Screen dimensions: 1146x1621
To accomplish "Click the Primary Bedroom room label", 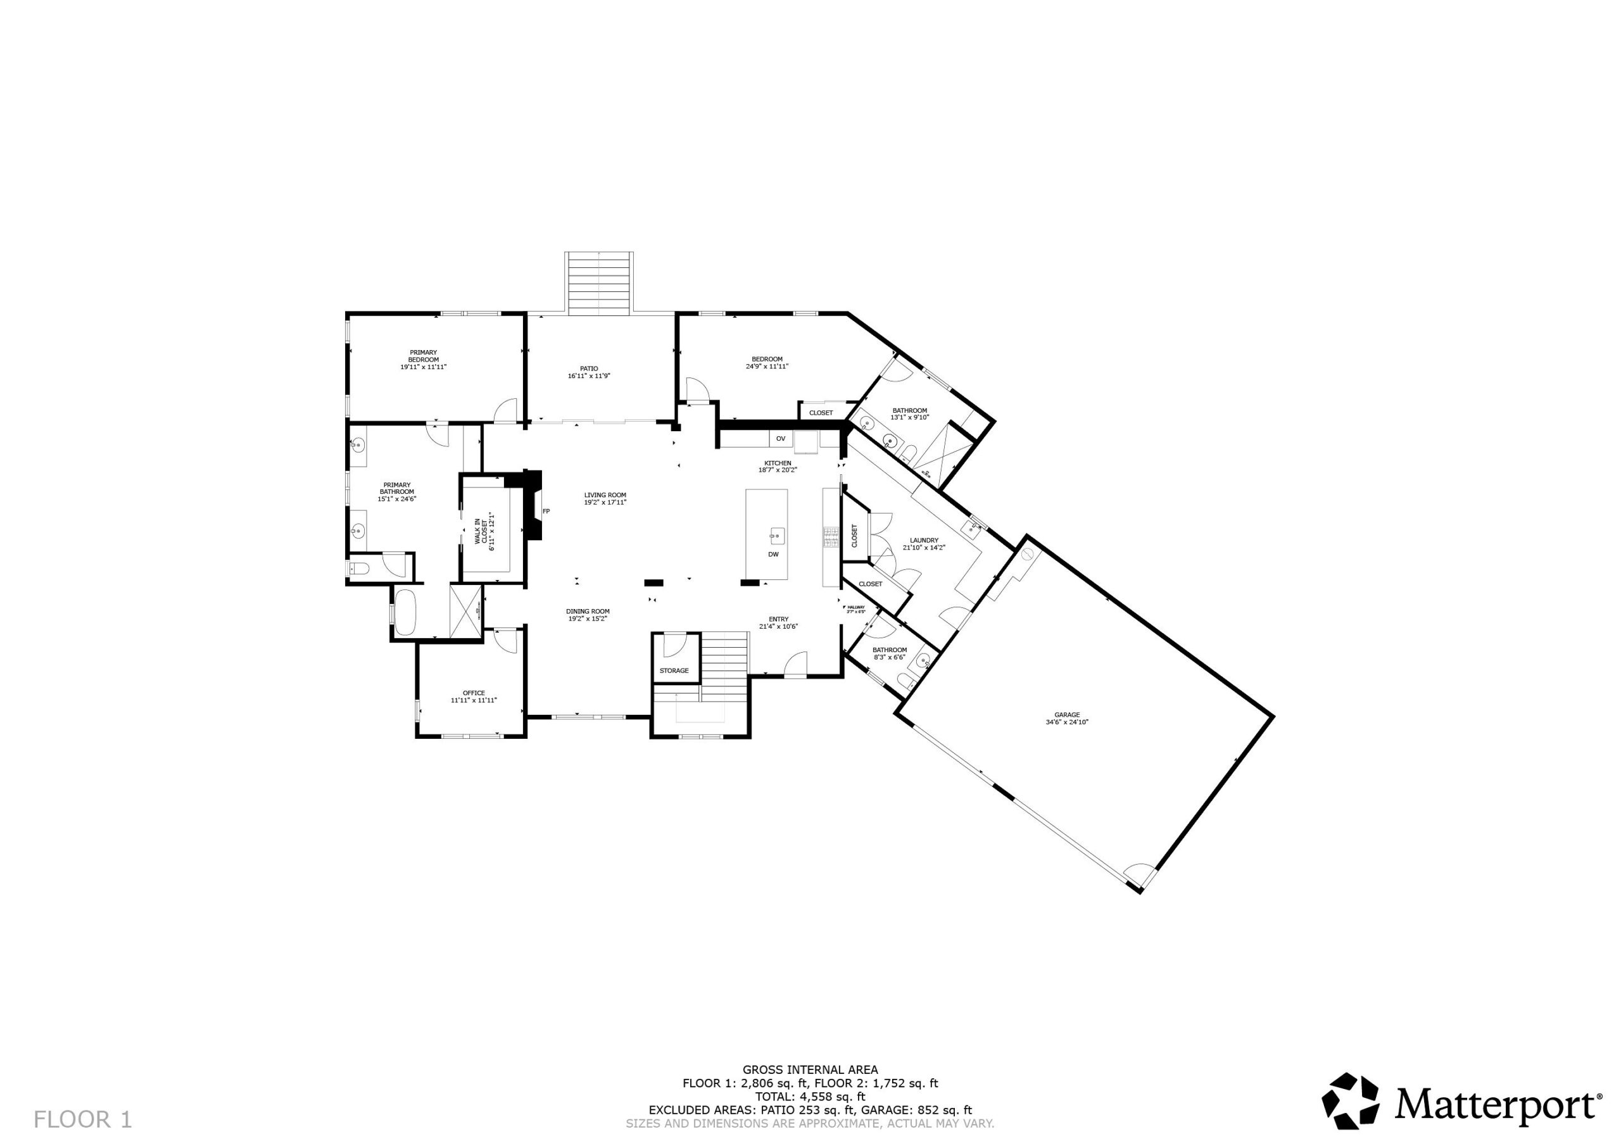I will pyautogui.click(x=423, y=360).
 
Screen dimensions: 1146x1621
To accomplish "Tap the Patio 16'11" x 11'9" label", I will pyautogui.click(x=588, y=372).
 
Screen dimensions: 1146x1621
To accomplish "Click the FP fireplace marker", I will pyautogui.click(x=546, y=511).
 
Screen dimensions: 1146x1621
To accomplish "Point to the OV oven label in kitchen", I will pyautogui.click(x=780, y=439).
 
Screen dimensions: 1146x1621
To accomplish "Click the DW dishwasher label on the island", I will pyautogui.click(x=773, y=554).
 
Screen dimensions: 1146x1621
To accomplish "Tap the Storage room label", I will pyautogui.click(x=674, y=670).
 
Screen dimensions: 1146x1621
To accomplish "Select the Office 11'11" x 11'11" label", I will pyautogui.click(x=474, y=696).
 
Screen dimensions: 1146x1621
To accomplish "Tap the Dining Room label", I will pyautogui.click(x=588, y=614).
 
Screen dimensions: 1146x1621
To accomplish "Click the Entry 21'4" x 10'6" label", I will pyautogui.click(x=778, y=622).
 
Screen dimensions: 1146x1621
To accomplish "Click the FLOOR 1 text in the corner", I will pyautogui.click(x=82, y=1120).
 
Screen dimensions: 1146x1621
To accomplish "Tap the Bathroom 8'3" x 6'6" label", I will pyautogui.click(x=889, y=653).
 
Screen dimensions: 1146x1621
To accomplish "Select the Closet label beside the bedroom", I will pyautogui.click(x=821, y=413).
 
